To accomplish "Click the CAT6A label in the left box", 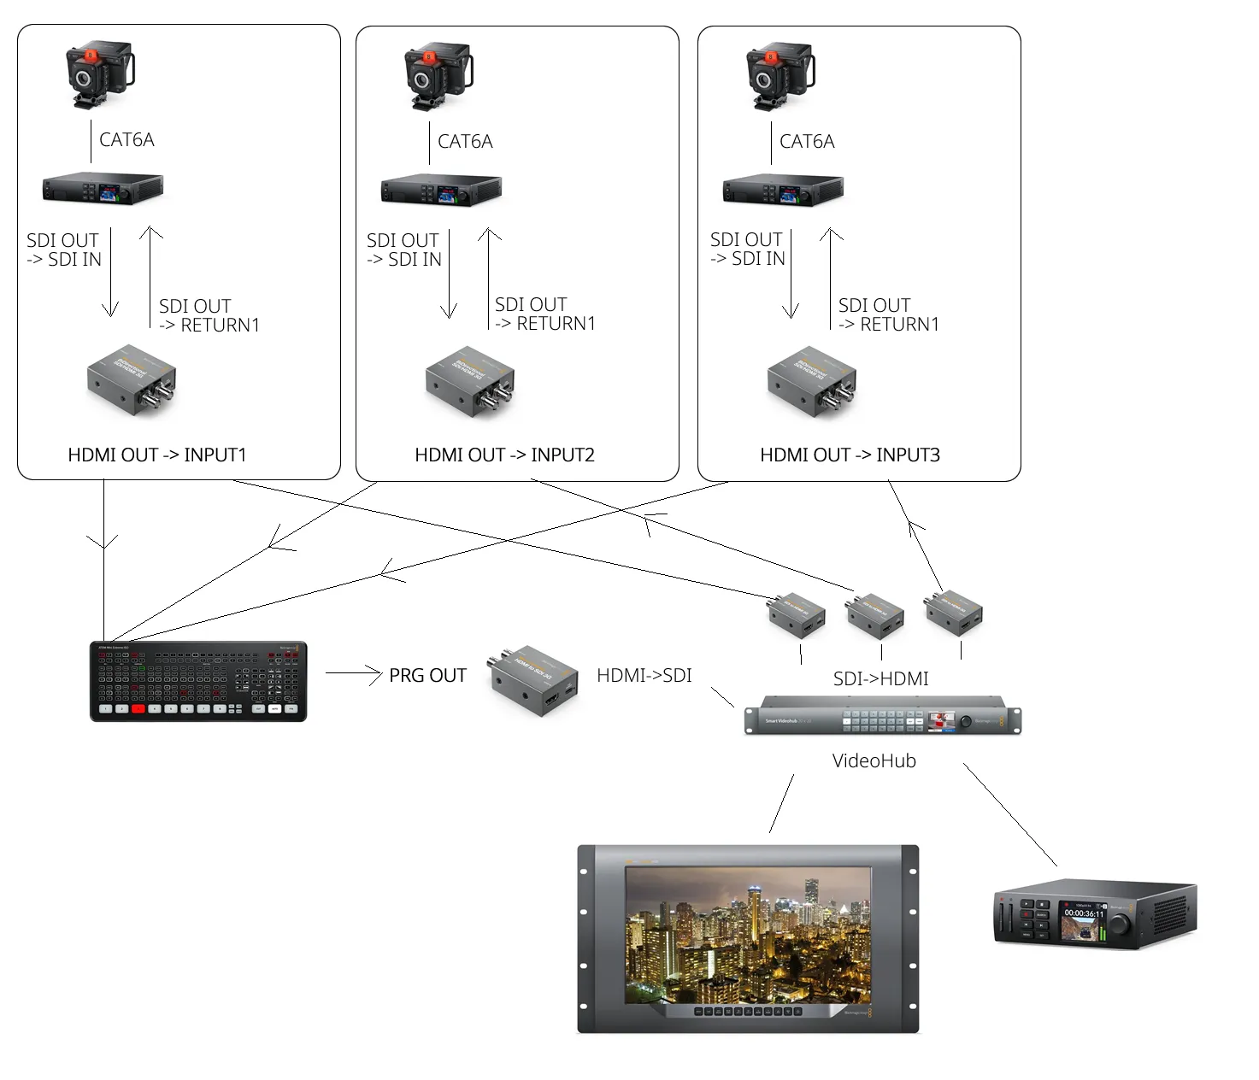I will pos(126,139).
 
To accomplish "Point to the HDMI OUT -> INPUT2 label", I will pos(504,455).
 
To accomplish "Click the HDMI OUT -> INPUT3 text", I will pos(850,455).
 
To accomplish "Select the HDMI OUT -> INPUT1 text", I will pos(156,455).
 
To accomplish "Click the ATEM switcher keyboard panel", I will pos(198,681).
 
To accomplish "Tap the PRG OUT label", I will pos(427,675).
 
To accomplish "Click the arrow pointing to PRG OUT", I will pos(352,674).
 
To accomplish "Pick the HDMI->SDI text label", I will pos(644,675).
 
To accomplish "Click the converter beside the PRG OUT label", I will pos(532,680).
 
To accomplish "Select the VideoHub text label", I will pos(874,760).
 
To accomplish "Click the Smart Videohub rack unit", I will pos(882,716).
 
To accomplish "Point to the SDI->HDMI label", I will pos(880,678).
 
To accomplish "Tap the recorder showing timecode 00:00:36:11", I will pos(1095,915).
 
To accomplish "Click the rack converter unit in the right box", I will pos(783,190).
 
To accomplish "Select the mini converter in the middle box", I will pos(470,380).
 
